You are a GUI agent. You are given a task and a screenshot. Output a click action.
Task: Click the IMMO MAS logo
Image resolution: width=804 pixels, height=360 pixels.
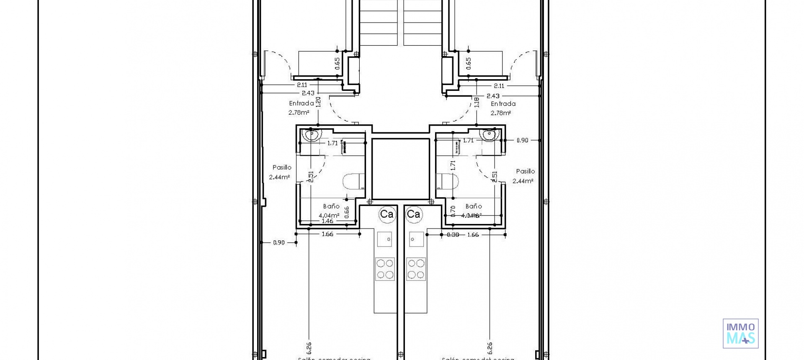coord(740,333)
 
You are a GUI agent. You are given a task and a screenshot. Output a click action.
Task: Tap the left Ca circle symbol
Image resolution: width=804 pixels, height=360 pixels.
coord(387,214)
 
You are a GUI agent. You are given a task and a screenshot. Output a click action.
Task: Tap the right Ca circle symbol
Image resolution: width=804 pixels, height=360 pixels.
coord(414,214)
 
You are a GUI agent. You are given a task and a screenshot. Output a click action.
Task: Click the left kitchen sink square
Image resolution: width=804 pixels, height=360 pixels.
coord(384,239)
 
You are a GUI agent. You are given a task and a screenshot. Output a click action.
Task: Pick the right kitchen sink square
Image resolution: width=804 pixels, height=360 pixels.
coord(416,239)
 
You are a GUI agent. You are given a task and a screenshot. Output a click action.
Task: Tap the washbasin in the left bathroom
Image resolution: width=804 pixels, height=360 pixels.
coord(312,135)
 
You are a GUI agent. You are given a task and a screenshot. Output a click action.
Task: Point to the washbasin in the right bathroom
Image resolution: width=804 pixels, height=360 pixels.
coord(490,135)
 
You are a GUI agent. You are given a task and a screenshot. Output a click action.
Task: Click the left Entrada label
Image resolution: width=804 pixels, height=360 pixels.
coord(301,103)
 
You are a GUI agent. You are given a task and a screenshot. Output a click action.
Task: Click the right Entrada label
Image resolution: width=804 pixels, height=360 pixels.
coord(503,103)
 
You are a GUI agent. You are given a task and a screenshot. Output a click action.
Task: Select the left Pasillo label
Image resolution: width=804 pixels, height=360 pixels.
coord(282,167)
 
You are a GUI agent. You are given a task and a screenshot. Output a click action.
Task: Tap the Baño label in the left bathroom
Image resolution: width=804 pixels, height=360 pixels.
coord(331,206)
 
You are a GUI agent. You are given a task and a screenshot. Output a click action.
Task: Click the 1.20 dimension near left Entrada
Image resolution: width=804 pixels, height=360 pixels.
coord(318,102)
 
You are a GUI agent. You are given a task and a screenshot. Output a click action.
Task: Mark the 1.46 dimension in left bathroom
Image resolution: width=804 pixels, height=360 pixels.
coord(327,221)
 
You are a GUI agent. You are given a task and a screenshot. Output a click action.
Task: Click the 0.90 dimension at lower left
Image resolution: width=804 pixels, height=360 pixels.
coord(279,242)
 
